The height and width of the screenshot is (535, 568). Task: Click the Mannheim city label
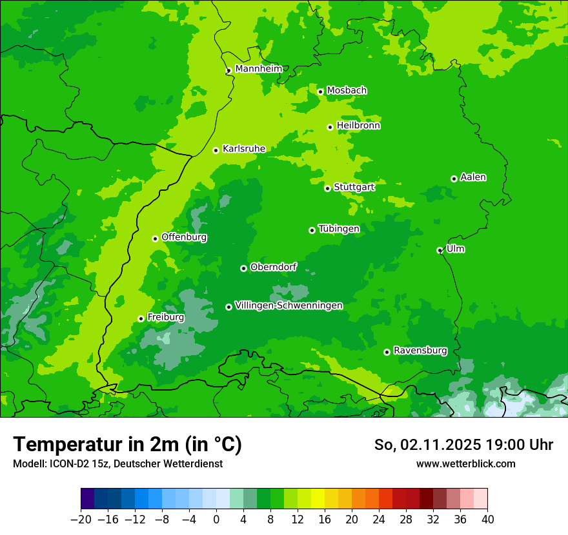point(258,69)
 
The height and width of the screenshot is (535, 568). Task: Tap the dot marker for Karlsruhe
point(216,150)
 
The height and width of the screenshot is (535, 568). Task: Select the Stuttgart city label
point(354,187)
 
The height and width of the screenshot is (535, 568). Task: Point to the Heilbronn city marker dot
point(330,127)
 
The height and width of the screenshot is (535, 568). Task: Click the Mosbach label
point(347,91)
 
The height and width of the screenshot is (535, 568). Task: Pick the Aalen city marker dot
point(454,179)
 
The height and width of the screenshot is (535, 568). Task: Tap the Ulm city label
point(455,249)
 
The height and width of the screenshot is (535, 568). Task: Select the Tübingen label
point(339,229)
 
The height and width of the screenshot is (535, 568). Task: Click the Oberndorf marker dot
point(243,268)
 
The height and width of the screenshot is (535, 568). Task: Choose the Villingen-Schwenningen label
point(289,306)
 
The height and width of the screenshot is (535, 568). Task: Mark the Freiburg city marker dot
point(141,318)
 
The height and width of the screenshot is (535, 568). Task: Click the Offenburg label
point(184,237)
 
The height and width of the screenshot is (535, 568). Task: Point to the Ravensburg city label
point(420,351)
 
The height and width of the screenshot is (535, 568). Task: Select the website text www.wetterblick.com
point(465,463)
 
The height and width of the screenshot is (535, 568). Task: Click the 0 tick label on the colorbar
point(216,519)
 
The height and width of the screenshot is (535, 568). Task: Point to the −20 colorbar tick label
point(81,519)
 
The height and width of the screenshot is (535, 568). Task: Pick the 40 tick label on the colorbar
point(487,519)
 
